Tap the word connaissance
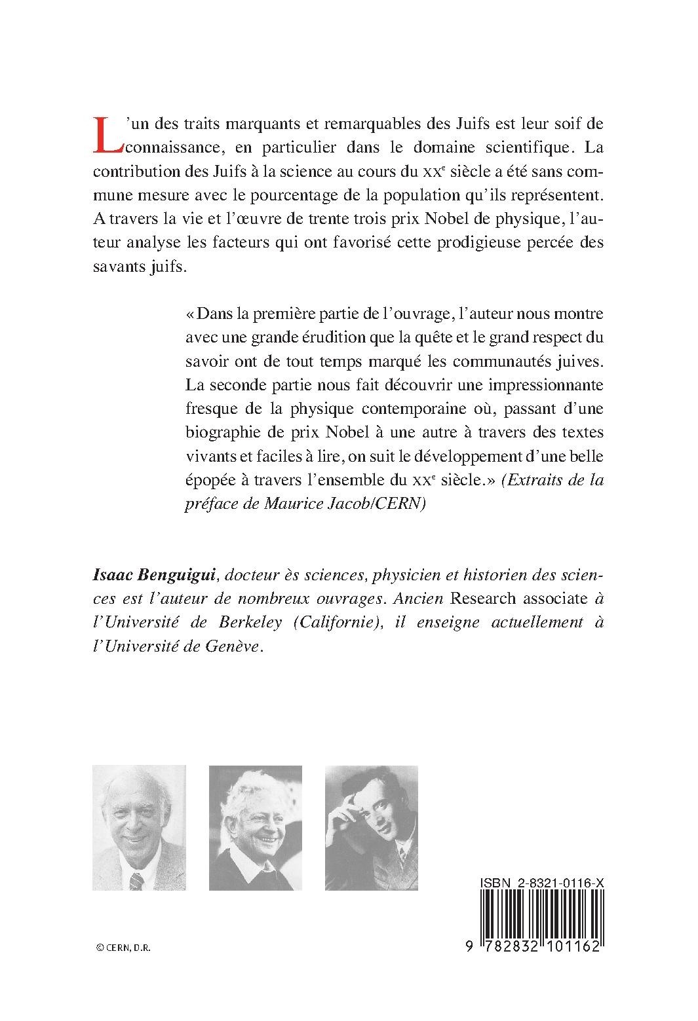point(170,147)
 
